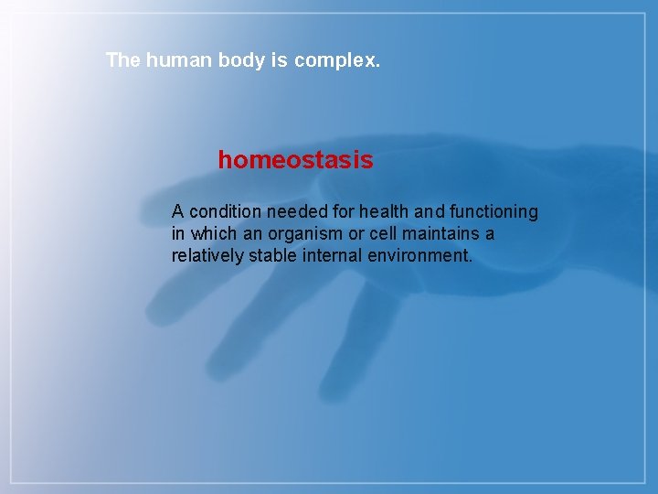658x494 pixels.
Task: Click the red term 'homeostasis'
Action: [x=295, y=160]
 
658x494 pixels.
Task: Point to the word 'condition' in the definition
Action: [x=225, y=212]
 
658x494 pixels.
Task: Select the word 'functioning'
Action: [x=495, y=212]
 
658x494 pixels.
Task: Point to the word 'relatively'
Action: [x=207, y=256]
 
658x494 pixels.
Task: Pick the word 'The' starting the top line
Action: [x=123, y=60]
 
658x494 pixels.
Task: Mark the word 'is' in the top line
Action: [x=276, y=60]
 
